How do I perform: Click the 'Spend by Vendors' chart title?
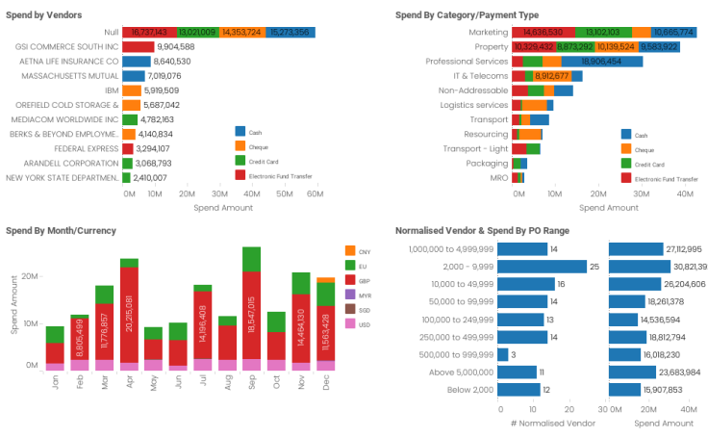43,15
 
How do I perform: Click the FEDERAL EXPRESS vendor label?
82,148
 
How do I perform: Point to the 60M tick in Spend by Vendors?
315,194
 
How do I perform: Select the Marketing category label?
488,32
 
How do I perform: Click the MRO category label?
498,177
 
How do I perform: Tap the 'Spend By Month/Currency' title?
61,231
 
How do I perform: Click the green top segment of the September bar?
252,259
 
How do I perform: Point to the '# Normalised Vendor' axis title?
548,423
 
